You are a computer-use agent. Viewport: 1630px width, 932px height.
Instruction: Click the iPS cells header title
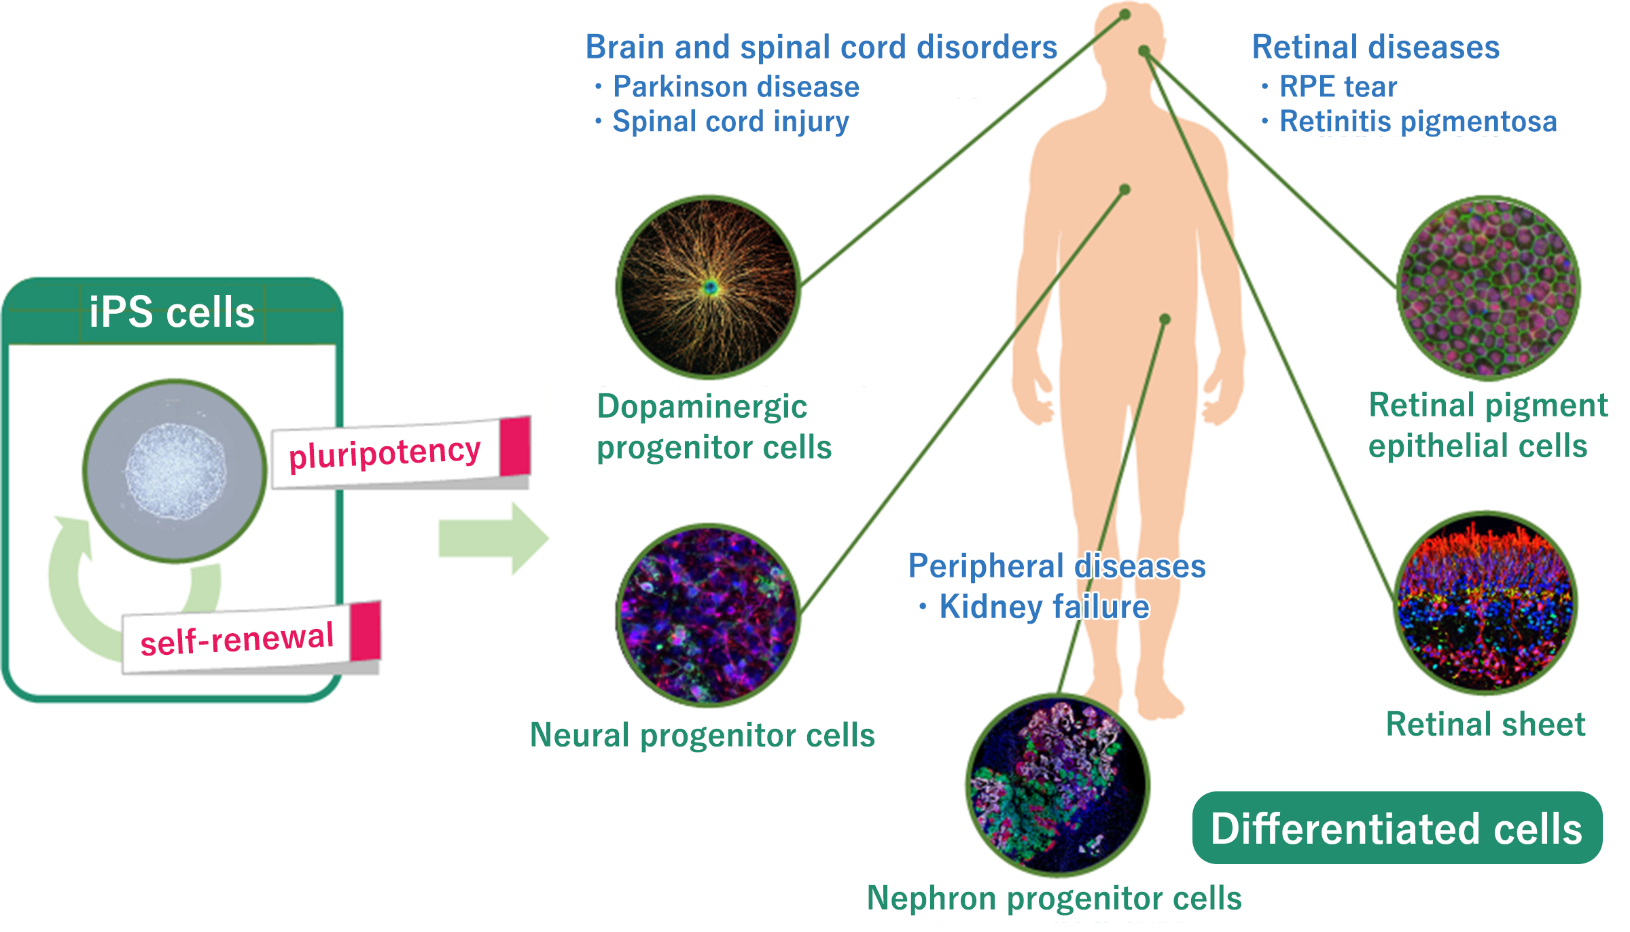pos(171,312)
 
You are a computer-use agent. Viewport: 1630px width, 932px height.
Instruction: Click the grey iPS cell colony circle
pos(175,471)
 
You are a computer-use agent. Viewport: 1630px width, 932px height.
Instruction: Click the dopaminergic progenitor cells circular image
pos(709,287)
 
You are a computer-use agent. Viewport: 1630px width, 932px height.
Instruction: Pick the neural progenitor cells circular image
pos(708,615)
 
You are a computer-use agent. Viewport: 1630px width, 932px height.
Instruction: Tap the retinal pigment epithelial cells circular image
pos(1488,287)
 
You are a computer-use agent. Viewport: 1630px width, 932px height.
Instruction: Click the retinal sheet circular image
pos(1485,603)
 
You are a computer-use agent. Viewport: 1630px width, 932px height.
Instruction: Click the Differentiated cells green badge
pos(1397,828)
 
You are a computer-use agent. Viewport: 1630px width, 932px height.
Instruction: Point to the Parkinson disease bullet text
pos(736,87)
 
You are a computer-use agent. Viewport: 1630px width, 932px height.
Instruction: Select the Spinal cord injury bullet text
pos(730,122)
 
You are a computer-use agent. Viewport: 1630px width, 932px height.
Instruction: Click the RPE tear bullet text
pos(1338,87)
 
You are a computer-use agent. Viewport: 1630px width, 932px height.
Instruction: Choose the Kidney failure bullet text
pos(1044,607)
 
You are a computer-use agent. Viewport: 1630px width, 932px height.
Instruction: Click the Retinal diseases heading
pos(1375,48)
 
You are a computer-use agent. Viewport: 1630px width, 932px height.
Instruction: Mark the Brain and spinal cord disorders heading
pos(821,48)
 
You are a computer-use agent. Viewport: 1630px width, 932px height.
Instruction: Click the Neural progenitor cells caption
pos(702,735)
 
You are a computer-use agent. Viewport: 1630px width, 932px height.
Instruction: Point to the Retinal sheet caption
pos(1485,724)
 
